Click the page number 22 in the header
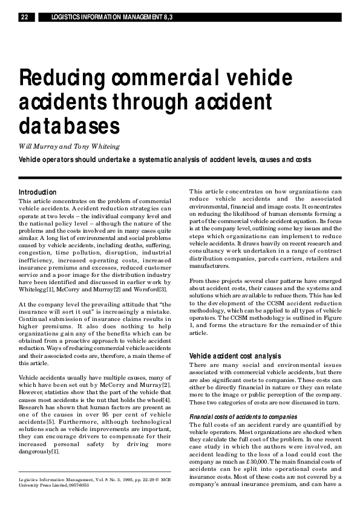coord(24,18)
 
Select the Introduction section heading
coord(38,192)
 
